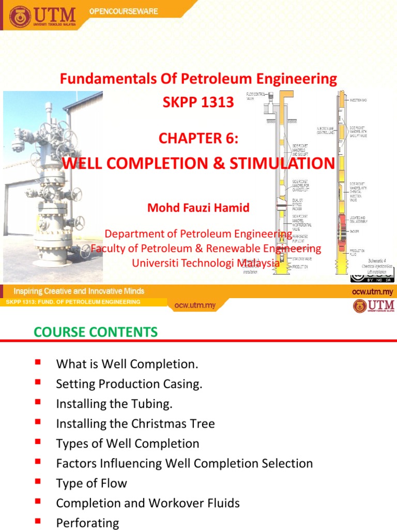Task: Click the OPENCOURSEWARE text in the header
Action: [x=124, y=11]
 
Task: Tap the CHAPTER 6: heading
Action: [x=198, y=139]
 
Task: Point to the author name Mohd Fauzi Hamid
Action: [x=198, y=208]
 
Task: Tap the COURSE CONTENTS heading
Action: [x=96, y=332]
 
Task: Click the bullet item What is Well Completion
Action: [x=127, y=364]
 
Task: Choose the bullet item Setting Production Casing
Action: [x=129, y=384]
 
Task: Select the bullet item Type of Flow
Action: [x=91, y=483]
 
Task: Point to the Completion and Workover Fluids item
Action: [x=148, y=503]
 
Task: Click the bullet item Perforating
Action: [x=87, y=523]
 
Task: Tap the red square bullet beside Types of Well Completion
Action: [x=38, y=442]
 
